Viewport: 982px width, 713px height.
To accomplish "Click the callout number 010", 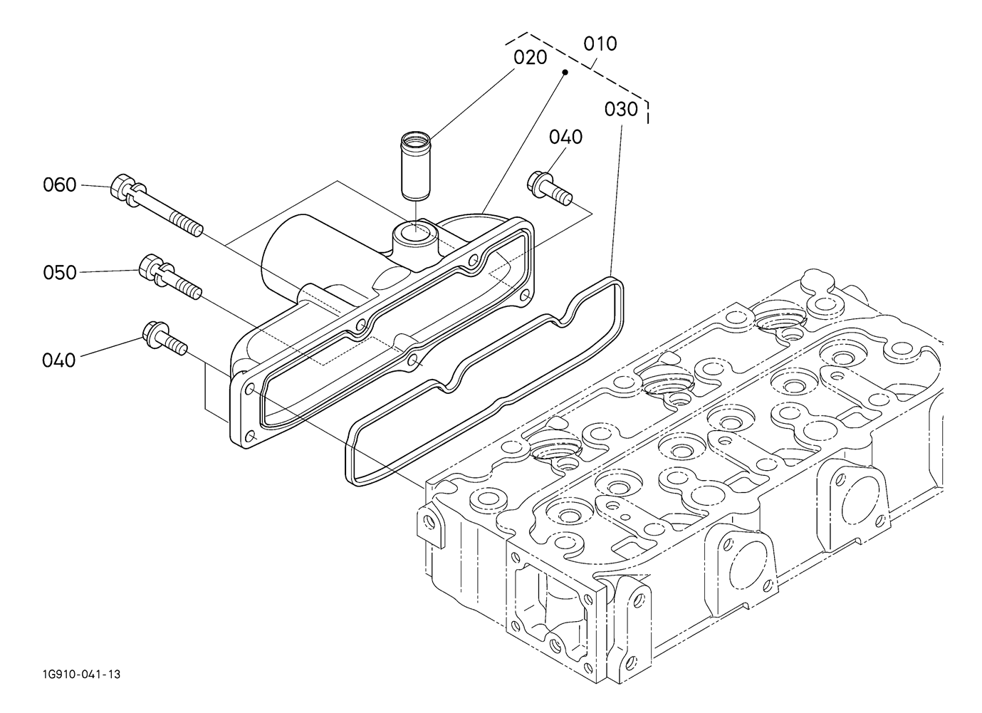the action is [x=600, y=44].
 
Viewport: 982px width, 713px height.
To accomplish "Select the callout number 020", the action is [x=530, y=58].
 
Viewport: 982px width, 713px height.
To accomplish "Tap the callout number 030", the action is [x=621, y=109].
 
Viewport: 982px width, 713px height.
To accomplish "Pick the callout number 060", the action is [x=60, y=185].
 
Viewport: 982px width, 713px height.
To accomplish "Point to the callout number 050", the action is [x=60, y=273].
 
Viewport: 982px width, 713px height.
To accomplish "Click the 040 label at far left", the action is [x=58, y=360].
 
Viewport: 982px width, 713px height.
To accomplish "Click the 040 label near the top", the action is [x=565, y=137].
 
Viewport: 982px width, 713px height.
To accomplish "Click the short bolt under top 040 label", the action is [x=550, y=188].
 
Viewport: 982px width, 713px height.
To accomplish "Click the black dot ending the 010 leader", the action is [x=565, y=72].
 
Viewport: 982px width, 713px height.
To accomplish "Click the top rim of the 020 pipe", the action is [x=416, y=139].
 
